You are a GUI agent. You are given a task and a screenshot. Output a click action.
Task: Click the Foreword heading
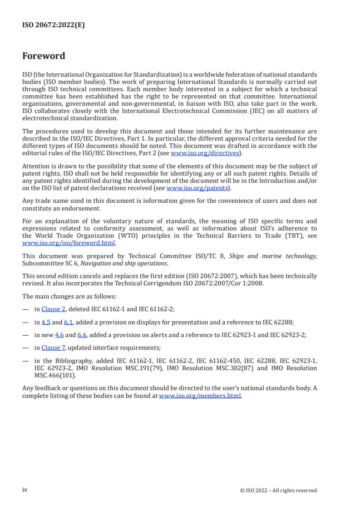(44, 56)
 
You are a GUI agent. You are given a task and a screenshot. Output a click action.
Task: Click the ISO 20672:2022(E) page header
(54, 25)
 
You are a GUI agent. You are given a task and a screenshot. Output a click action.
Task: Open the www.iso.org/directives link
(205, 153)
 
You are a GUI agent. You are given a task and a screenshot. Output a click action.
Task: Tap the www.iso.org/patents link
(198, 188)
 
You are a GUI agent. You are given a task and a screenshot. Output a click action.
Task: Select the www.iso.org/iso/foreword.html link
(69, 243)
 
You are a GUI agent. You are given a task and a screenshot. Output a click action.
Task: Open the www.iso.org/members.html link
(200, 396)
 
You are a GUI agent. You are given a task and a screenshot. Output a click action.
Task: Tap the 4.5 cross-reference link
(45, 323)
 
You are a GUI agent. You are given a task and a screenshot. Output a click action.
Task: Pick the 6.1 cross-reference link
(68, 323)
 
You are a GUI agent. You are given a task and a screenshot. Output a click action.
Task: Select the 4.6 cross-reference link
(59, 335)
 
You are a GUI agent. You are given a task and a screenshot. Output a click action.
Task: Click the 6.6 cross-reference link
(82, 335)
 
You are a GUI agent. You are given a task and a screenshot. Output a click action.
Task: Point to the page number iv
(25, 489)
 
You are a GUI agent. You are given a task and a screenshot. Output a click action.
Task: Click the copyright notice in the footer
(278, 490)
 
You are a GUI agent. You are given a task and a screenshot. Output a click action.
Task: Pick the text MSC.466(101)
(55, 376)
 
